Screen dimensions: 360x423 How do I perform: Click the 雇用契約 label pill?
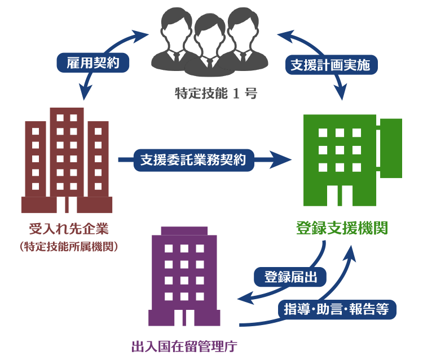tap(93, 63)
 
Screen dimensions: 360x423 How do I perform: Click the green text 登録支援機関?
tap(341, 228)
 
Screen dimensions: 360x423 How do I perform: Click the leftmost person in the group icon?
tap(175, 37)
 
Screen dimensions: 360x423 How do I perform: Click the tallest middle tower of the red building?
tap(67, 152)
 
